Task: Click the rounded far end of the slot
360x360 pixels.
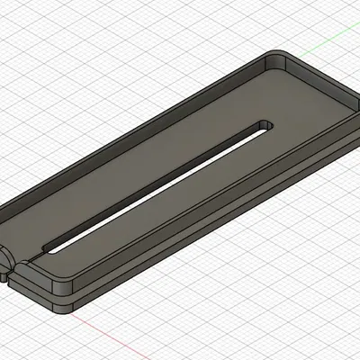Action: click(x=265, y=124)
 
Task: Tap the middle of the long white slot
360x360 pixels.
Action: click(x=162, y=184)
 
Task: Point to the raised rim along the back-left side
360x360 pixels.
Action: click(x=135, y=135)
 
